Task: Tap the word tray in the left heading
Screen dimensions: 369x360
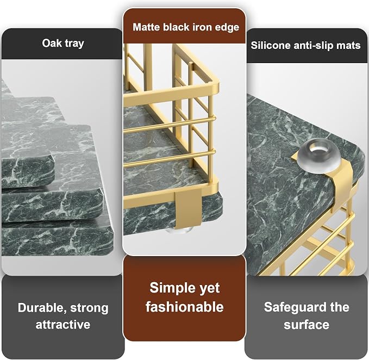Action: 74,44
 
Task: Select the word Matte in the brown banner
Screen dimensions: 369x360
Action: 146,27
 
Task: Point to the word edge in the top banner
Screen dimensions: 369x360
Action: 227,28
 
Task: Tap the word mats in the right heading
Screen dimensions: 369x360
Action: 348,46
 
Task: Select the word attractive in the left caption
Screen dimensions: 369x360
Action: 63,325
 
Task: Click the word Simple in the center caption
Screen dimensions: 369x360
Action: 168,288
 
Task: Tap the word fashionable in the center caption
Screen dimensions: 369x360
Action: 185,307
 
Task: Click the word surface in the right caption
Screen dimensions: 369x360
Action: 307,325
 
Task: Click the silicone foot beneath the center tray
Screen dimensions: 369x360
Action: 178,230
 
